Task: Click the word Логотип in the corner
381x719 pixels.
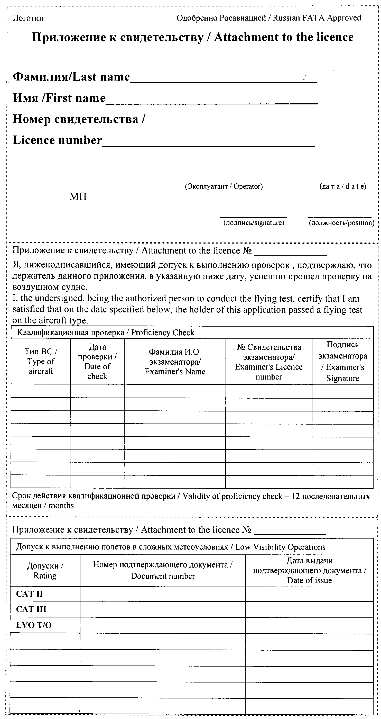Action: (28, 19)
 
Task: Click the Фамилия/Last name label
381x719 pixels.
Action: (71, 77)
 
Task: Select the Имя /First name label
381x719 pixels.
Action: (59, 98)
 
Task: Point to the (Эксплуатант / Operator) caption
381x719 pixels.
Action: (224, 186)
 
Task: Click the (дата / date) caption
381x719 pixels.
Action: (342, 186)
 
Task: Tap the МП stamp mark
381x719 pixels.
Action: (78, 197)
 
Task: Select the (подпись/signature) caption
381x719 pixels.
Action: (254, 223)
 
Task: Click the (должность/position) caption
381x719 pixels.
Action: (341, 223)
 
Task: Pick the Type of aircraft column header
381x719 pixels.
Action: (41, 362)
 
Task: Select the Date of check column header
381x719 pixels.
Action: (97, 362)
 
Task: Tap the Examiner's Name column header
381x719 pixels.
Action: (175, 362)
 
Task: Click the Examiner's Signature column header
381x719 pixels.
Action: (342, 362)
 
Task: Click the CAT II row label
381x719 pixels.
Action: (30, 594)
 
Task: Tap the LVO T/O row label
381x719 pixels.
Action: (34, 625)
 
